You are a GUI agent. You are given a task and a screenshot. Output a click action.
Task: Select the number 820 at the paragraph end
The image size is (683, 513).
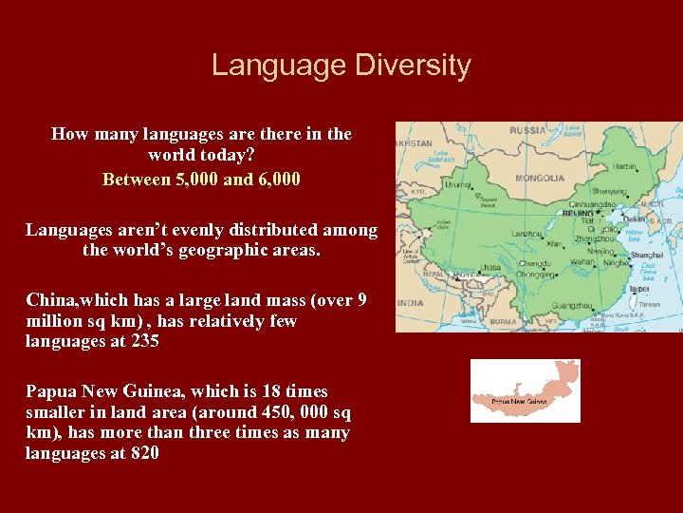(x=144, y=453)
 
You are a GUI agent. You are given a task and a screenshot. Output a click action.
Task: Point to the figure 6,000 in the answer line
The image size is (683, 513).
(x=277, y=179)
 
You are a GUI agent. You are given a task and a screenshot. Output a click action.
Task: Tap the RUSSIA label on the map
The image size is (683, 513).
(x=527, y=130)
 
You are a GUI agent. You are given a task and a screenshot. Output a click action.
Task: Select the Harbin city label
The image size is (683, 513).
(x=625, y=167)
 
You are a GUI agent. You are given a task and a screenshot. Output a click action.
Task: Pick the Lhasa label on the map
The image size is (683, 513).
(x=490, y=269)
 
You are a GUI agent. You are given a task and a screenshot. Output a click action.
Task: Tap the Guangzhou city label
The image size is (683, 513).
(x=572, y=306)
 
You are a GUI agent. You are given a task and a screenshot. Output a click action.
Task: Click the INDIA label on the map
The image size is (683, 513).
(x=412, y=302)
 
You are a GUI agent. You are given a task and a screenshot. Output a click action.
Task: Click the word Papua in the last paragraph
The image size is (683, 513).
(x=50, y=390)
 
